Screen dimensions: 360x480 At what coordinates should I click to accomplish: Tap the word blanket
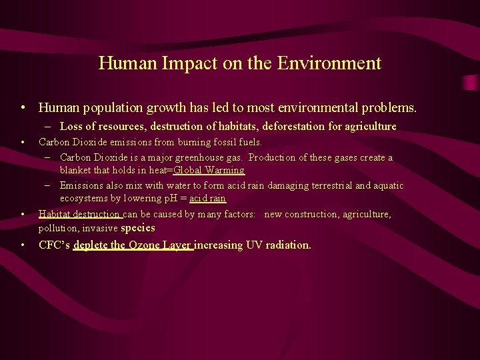77,170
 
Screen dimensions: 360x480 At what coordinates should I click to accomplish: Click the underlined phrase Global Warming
209,170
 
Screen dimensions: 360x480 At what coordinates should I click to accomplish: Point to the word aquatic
387,185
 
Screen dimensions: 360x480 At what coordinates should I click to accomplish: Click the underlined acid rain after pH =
207,199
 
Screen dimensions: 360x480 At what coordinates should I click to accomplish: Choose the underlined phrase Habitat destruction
79,214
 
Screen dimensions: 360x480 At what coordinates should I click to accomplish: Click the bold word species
138,228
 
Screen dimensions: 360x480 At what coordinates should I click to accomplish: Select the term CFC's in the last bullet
55,245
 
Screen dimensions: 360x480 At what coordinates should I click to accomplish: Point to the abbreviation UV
254,245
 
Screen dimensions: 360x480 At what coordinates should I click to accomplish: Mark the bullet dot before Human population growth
23,107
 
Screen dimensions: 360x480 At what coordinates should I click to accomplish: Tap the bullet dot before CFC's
23,245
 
